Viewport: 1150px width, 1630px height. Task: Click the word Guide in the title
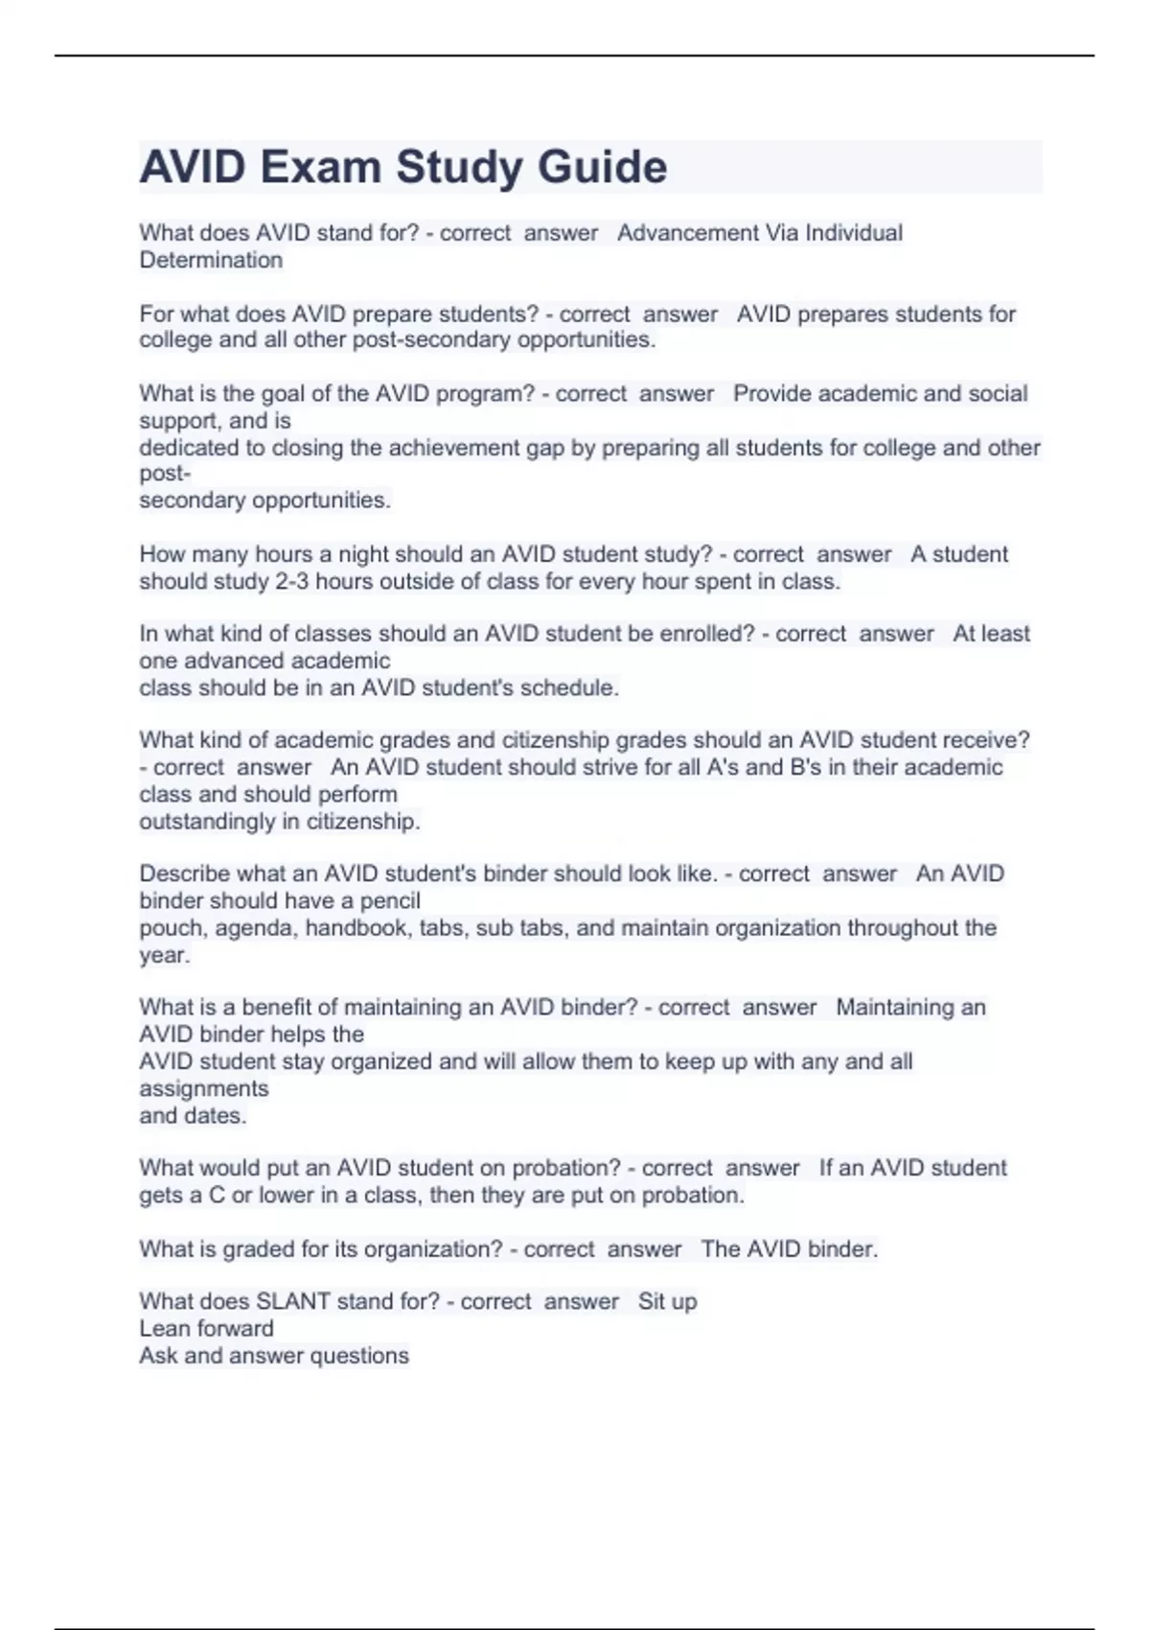602,167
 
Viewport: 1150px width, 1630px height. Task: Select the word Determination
211,260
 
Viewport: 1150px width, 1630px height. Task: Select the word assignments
203,1088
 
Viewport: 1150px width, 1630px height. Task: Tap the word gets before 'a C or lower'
159,1195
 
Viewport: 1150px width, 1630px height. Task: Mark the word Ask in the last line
158,1355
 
